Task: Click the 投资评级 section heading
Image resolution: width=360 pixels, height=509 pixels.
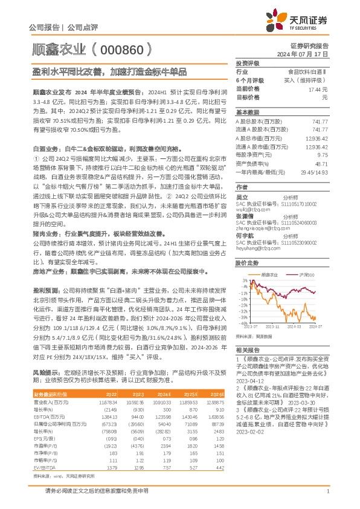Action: [x=248, y=62]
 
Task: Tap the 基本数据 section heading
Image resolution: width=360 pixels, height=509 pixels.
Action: [x=247, y=112]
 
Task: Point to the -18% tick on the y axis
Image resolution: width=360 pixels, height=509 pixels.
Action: [x=242, y=300]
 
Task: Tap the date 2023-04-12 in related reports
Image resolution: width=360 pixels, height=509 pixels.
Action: [x=250, y=382]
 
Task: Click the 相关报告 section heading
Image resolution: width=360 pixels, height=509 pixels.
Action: [x=248, y=350]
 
